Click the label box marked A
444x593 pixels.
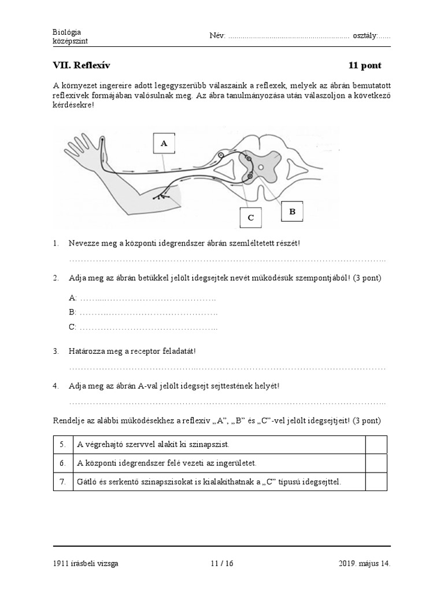[x=164, y=144]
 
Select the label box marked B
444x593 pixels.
[x=293, y=213]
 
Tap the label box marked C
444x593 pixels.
[x=250, y=218]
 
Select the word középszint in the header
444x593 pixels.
[x=70, y=41]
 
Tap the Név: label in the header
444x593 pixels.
[x=217, y=36]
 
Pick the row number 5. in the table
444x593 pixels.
[x=62, y=445]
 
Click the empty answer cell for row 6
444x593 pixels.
[x=376, y=463]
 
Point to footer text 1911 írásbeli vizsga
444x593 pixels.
[x=86, y=563]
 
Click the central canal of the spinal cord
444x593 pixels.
[x=261, y=168]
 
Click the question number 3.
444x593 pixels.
[x=56, y=351]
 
